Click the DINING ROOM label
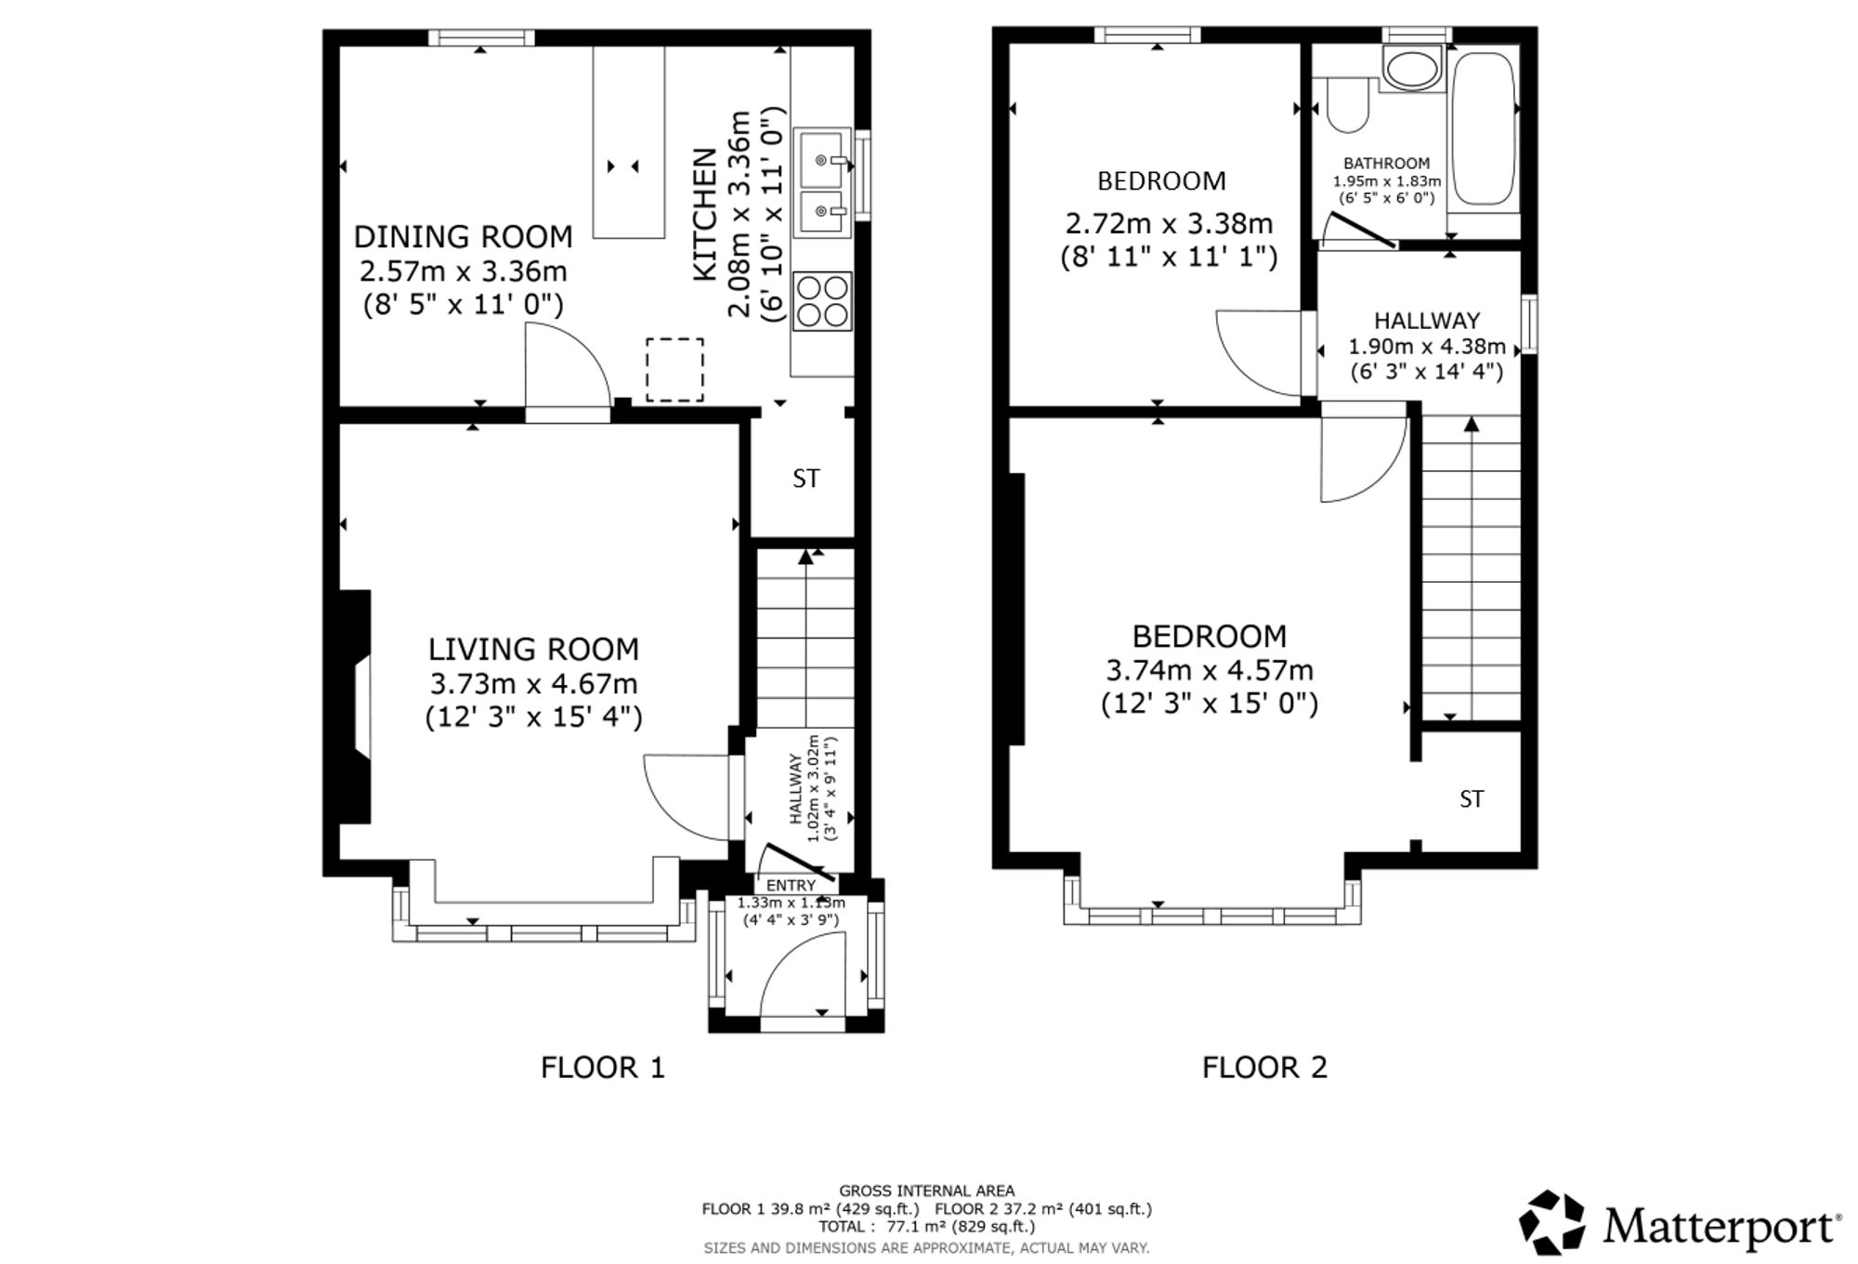[x=463, y=237]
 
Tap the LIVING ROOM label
[x=533, y=649]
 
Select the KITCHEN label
[x=706, y=214]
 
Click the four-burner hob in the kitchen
[x=822, y=300]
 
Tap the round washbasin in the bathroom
[x=1410, y=69]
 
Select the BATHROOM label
[x=1386, y=164]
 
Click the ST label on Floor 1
[x=806, y=479]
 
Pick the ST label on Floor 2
[x=1472, y=799]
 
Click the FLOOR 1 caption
[x=603, y=1067]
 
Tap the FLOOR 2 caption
[x=1264, y=1067]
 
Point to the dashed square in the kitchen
[x=674, y=370]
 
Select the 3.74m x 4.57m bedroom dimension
[x=1210, y=670]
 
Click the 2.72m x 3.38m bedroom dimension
[x=1169, y=224]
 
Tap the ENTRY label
[x=791, y=886]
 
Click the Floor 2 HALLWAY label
[x=1427, y=321]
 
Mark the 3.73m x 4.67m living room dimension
[x=533, y=684]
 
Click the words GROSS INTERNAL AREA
[x=927, y=1191]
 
